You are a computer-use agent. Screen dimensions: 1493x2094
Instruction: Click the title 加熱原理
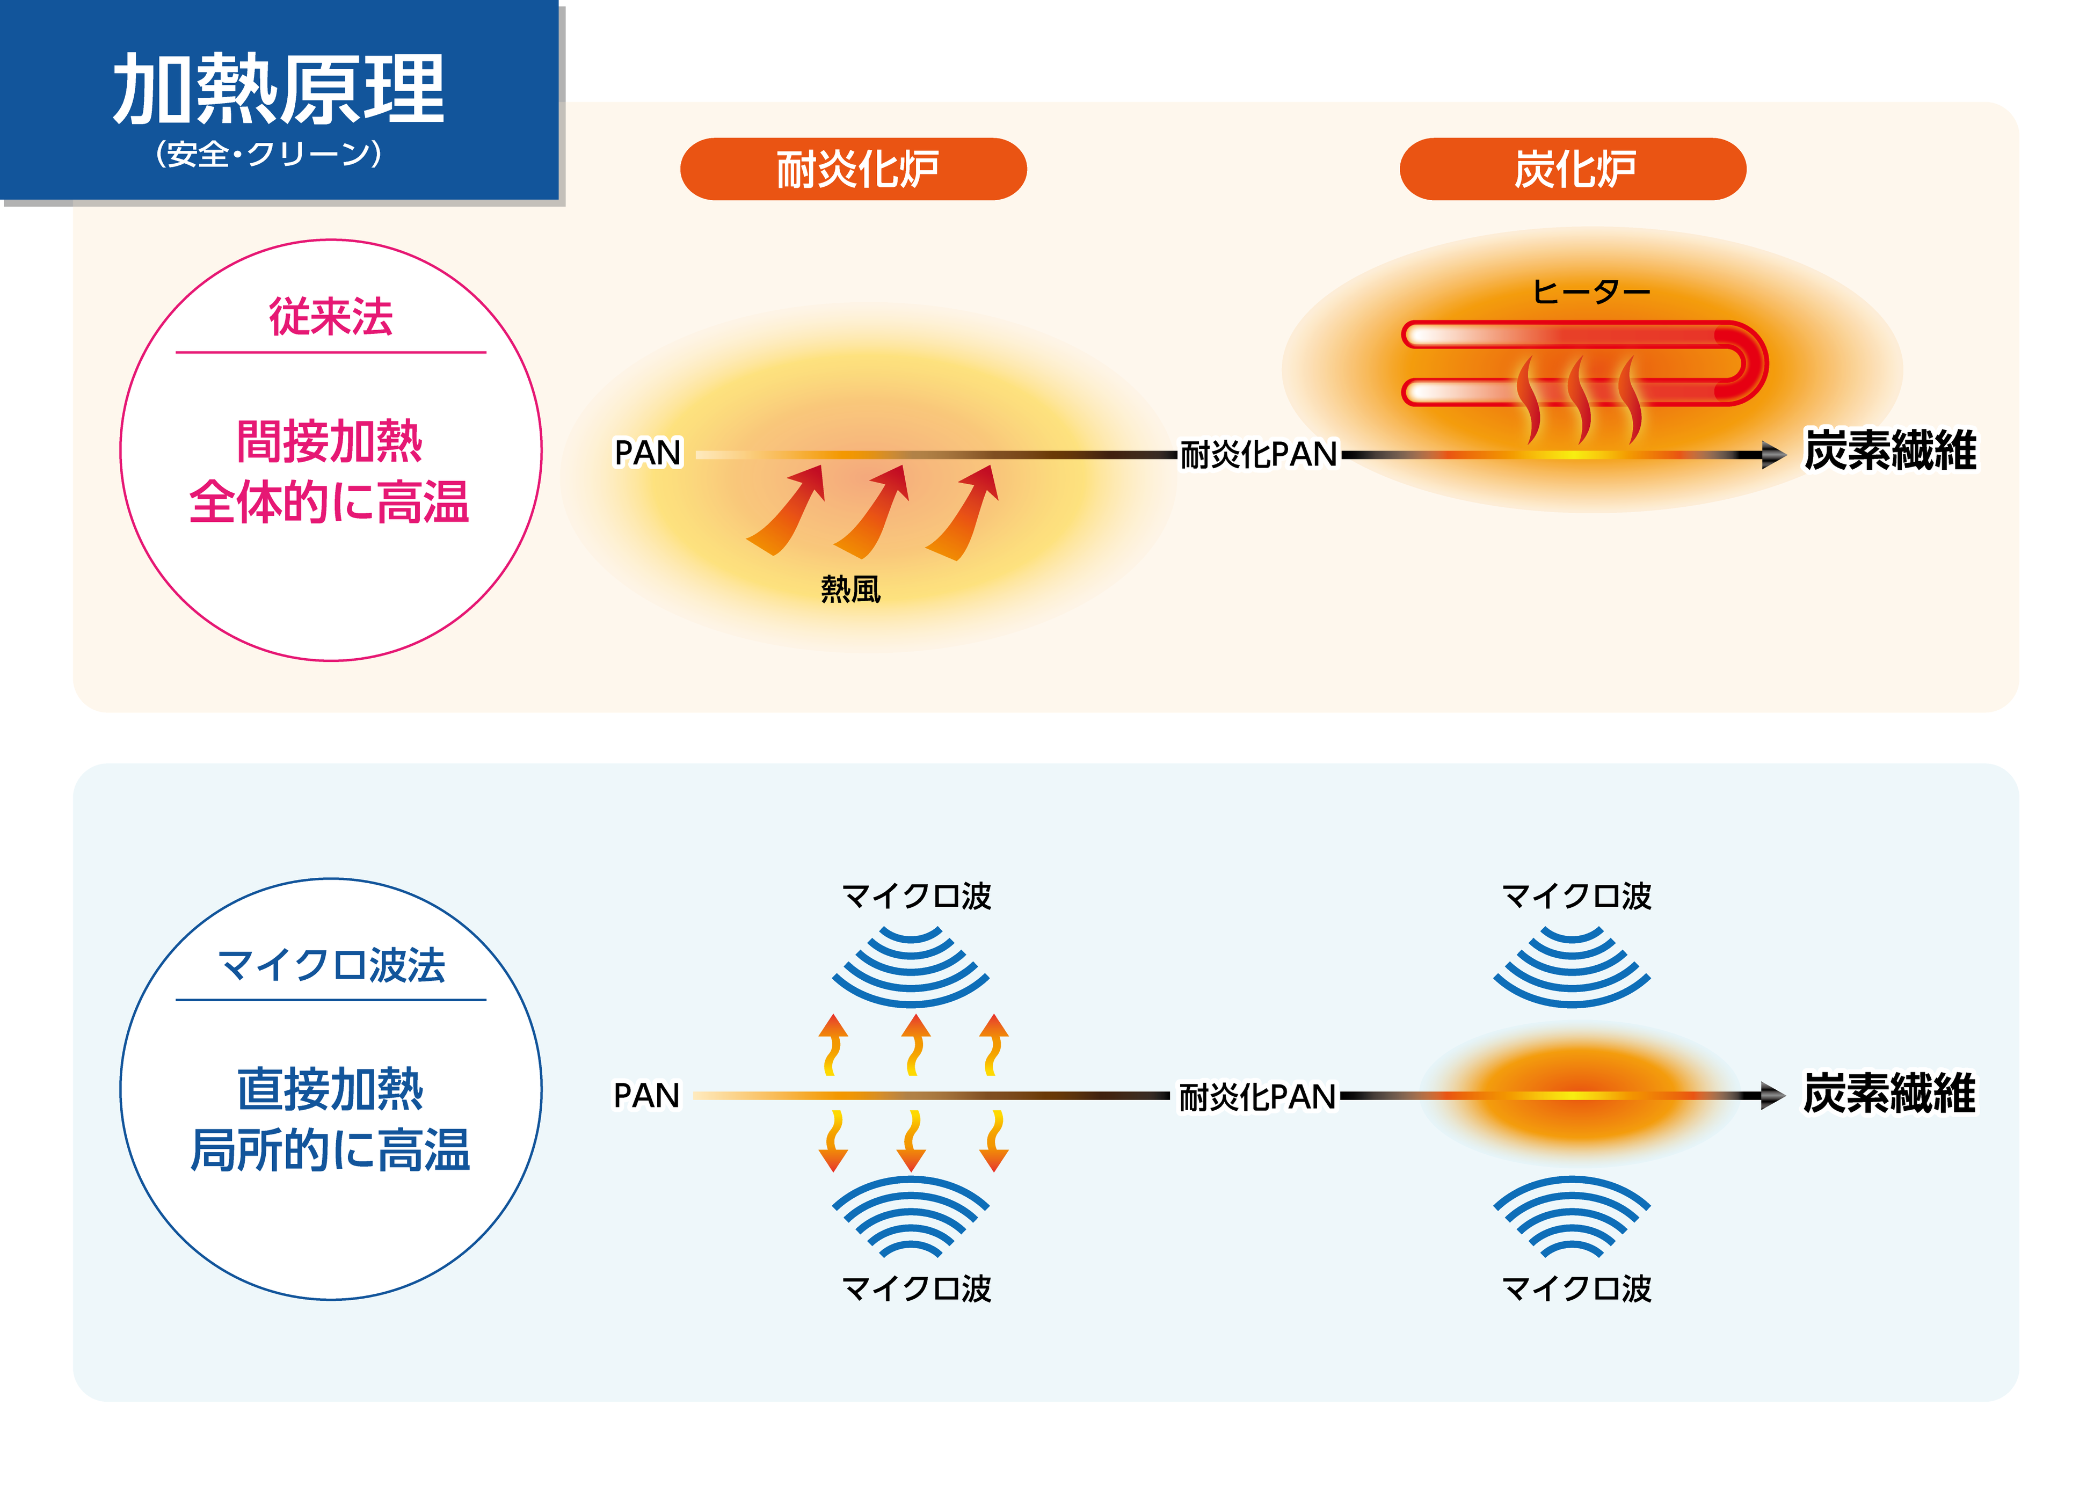[279, 89]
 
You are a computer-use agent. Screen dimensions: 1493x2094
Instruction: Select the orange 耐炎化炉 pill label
[853, 169]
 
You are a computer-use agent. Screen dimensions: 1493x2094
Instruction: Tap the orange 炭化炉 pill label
[1572, 169]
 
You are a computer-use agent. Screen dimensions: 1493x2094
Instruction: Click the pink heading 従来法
[331, 317]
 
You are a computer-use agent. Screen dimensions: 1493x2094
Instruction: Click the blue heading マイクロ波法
[331, 965]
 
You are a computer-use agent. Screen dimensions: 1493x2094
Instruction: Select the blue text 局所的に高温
[330, 1150]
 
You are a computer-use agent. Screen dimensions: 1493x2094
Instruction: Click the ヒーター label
[1590, 293]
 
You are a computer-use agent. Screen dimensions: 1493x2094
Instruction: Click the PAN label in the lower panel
[647, 1096]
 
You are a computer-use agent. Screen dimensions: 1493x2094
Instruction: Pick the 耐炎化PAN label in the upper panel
[1259, 454]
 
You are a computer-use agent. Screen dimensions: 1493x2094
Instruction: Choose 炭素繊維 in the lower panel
[1889, 1094]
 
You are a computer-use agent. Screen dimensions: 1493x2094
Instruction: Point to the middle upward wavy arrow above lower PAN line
[914, 1044]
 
